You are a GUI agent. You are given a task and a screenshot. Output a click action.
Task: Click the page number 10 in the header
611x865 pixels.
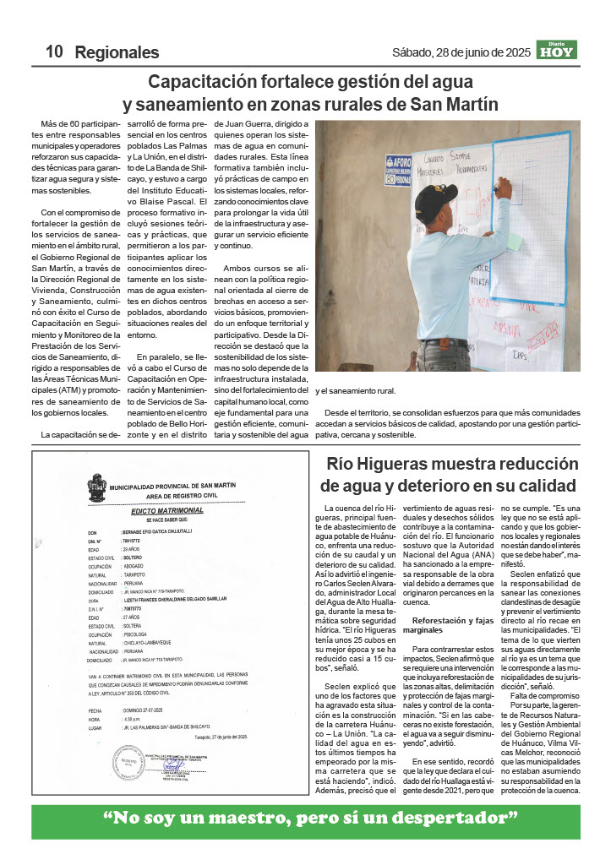(x=54, y=52)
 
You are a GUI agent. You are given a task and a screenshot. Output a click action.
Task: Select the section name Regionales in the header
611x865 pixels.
(x=117, y=52)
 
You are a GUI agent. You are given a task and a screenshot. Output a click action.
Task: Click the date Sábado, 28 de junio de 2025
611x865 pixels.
(x=461, y=52)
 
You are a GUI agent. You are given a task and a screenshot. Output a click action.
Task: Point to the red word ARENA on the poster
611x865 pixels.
(x=508, y=328)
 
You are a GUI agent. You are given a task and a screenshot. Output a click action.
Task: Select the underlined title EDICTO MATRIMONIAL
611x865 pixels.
(x=166, y=511)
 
